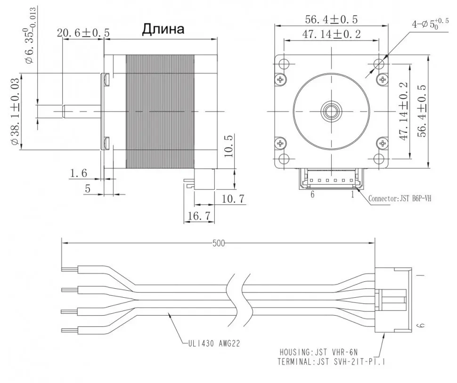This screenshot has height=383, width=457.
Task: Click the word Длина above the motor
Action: pyautogui.click(x=163, y=30)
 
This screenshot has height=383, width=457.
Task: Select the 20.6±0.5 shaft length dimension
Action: pyautogui.click(x=83, y=33)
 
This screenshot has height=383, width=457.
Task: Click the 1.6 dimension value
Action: pyautogui.click(x=78, y=173)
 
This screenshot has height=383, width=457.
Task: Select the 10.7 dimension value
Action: pyautogui.click(x=233, y=199)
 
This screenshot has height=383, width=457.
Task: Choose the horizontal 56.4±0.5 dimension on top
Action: pyautogui.click(x=331, y=19)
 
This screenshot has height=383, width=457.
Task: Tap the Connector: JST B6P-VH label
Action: pyautogui.click(x=399, y=198)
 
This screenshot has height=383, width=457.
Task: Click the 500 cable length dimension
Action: pyautogui.click(x=218, y=243)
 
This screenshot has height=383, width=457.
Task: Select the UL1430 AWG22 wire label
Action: pyautogui.click(x=212, y=344)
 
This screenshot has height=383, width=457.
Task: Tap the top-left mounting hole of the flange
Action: pyautogui.click(x=285, y=64)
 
